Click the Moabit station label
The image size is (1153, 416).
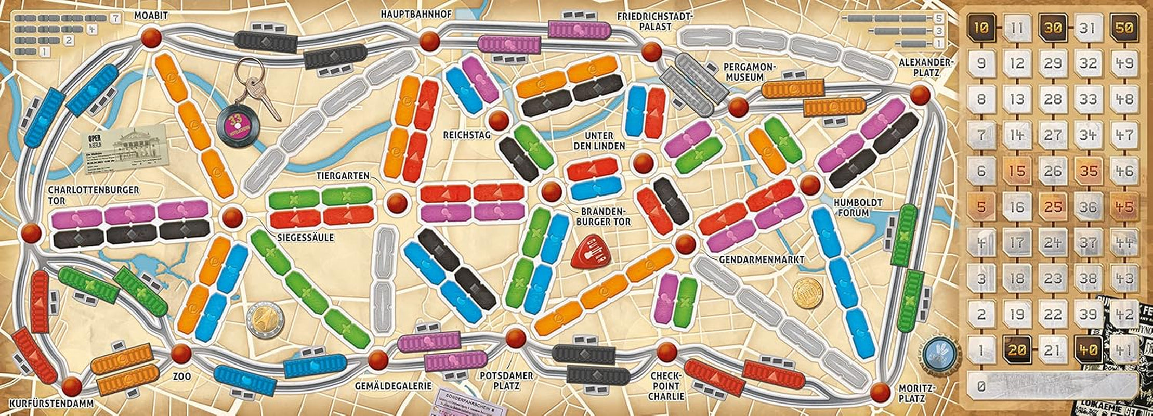click(151, 16)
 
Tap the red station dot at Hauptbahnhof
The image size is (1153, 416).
click(430, 41)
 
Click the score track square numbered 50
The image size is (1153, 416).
click(1124, 28)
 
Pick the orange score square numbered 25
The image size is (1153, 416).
click(1053, 207)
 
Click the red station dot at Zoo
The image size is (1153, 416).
click(181, 354)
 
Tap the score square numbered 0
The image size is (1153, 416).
click(980, 386)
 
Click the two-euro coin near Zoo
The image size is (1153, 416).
click(265, 319)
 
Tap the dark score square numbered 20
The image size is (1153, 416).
click(1017, 350)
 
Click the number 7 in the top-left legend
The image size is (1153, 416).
click(115, 18)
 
